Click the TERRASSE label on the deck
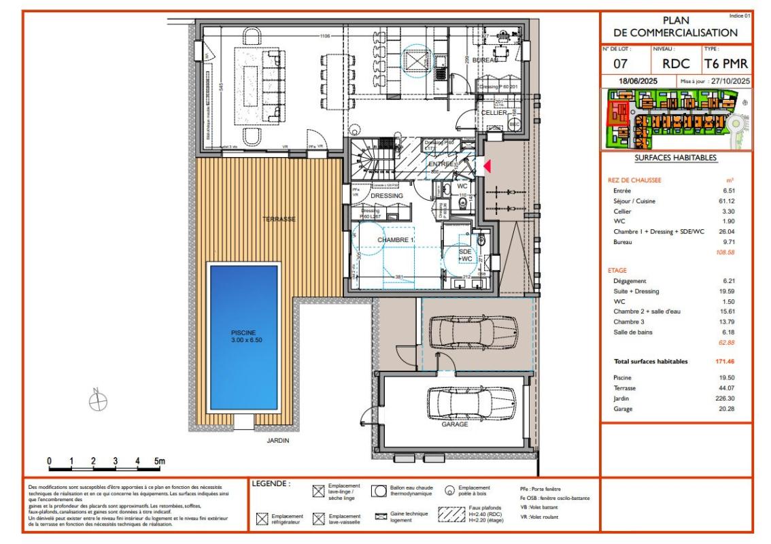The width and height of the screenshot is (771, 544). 279,219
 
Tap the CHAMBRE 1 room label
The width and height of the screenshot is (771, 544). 396,241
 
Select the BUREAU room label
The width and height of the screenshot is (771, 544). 485,61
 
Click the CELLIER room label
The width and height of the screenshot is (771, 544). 494,113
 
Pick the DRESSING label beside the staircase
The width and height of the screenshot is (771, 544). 387,196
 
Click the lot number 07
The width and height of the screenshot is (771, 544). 620,65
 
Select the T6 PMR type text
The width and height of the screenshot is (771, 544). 726,65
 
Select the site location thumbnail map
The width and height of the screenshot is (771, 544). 676,120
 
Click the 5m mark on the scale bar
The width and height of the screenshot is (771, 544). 158,461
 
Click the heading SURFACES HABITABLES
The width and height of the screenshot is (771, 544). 676,158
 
